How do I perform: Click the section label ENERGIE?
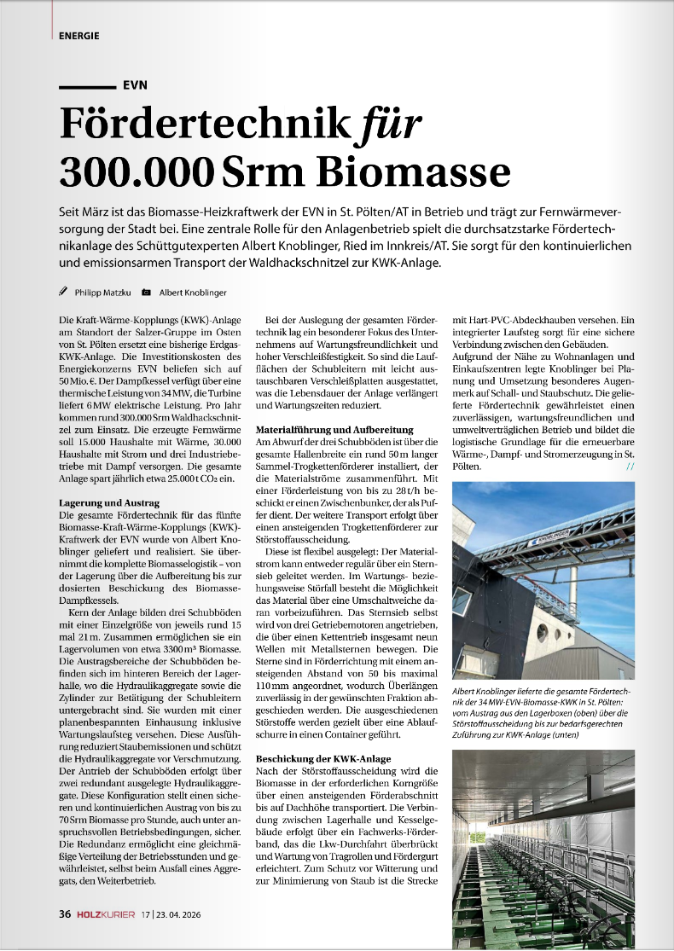click(x=79, y=36)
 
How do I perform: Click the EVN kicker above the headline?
click(x=136, y=85)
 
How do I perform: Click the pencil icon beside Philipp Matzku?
click(x=62, y=292)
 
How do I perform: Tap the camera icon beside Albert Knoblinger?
click(x=146, y=292)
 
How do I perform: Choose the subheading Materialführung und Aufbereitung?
click(x=334, y=429)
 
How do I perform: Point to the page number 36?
click(x=64, y=915)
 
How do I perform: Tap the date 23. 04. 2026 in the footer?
click(x=193, y=915)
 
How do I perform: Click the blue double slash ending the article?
click(x=630, y=467)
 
